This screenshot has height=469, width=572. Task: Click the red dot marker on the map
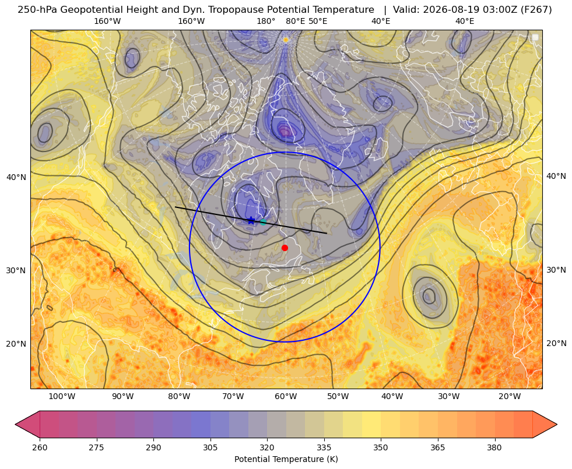[x=285, y=248]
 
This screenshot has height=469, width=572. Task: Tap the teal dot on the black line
[x=263, y=221]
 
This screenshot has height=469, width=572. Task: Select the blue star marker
[x=251, y=220]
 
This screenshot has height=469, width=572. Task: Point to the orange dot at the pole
[x=286, y=40]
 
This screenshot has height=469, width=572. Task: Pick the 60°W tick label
[x=286, y=397]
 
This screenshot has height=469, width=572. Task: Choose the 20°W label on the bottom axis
[x=510, y=397]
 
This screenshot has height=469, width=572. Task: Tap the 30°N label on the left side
[x=16, y=270]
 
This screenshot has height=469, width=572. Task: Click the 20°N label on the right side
[x=556, y=343]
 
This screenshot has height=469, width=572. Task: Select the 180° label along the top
[x=266, y=21]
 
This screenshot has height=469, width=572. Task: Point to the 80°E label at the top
[x=295, y=21]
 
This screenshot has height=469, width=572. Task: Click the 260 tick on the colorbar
[x=40, y=447]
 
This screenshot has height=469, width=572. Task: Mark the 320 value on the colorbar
[x=267, y=447]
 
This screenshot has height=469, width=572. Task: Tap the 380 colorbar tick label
[x=494, y=447]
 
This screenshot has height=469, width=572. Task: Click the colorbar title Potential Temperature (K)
[x=286, y=459]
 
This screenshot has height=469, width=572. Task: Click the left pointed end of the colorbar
[x=15, y=424]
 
